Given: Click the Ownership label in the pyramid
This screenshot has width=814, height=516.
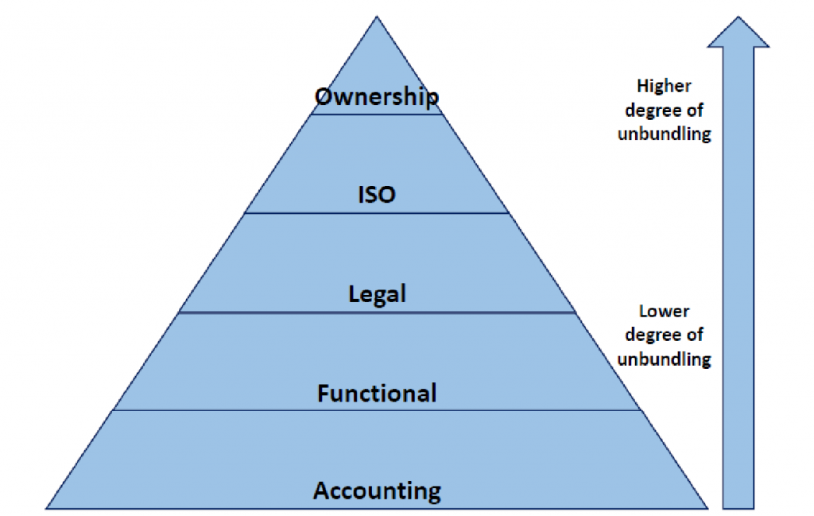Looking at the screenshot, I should [x=377, y=97].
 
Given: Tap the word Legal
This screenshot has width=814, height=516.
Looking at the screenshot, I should [x=377, y=295].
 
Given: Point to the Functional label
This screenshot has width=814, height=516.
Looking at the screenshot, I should [x=377, y=393].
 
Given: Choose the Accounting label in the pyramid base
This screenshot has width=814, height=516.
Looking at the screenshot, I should [x=377, y=491].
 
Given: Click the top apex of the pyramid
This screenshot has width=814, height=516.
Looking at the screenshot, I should [x=377, y=17].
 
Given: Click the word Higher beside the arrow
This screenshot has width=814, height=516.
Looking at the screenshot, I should [x=664, y=85].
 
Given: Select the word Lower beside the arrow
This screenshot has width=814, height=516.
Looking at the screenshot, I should [x=664, y=312].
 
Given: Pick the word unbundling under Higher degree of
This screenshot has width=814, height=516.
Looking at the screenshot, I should [x=664, y=134].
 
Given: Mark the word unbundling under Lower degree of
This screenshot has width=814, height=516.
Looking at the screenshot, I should [x=664, y=359].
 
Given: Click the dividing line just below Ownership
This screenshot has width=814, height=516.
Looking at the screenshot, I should [x=377, y=114].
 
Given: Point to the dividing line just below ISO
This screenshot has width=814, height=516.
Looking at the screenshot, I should [x=377, y=213].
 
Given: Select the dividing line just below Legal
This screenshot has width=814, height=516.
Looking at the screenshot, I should [x=377, y=312].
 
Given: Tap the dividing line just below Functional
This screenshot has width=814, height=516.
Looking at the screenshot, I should [x=377, y=410].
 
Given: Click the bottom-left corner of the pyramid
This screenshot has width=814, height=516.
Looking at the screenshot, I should [x=48, y=507].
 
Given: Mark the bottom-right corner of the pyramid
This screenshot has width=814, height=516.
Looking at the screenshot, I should [x=707, y=507].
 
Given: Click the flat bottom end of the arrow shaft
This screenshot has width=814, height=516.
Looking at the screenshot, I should [x=738, y=506].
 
